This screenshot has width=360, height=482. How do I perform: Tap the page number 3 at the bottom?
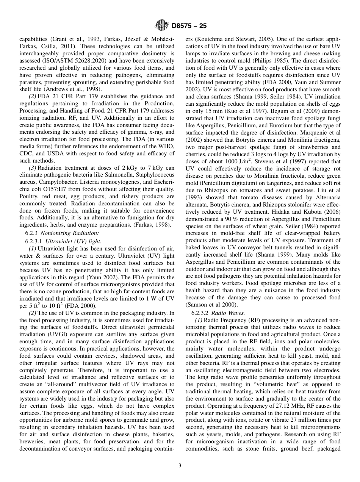coord(180,465)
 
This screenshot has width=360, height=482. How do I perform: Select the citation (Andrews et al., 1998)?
coord(81,89)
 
